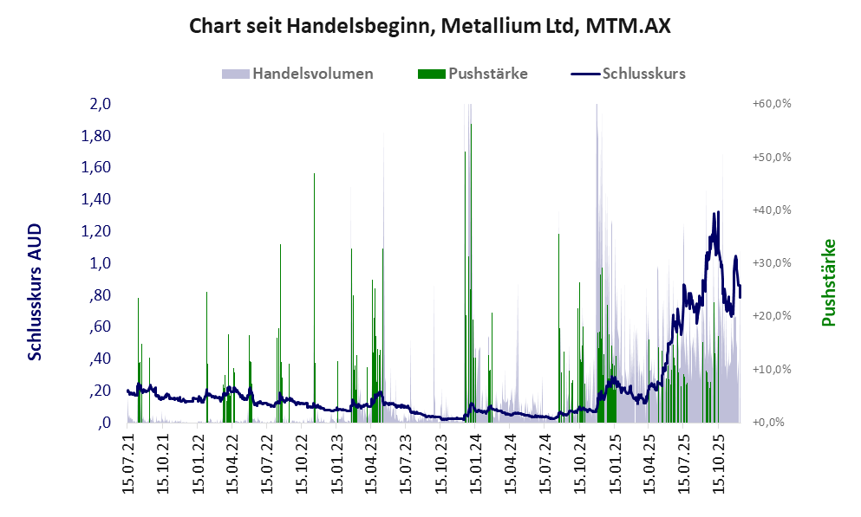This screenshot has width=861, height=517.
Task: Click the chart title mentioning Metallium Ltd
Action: tap(430, 26)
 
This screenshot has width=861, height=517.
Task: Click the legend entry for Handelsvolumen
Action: tap(313, 74)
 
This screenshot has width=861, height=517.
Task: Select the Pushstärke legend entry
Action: tap(487, 74)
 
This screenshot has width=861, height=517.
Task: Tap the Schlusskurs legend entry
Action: tap(643, 74)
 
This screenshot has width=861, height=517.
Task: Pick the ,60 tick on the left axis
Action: tap(101, 326)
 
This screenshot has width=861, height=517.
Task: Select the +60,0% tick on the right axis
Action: tap(773, 104)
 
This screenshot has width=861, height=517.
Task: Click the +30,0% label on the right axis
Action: tap(773, 263)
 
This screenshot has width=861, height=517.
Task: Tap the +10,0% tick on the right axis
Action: tap(773, 369)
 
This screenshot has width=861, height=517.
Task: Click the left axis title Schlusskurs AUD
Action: tap(36, 291)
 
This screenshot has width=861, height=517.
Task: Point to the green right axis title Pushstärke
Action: tap(828, 283)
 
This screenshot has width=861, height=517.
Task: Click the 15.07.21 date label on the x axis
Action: tap(128, 466)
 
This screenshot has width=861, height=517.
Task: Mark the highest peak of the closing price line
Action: tap(716, 213)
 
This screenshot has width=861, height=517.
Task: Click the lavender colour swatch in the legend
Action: tap(236, 74)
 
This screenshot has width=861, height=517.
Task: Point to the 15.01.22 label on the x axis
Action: tap(198, 466)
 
